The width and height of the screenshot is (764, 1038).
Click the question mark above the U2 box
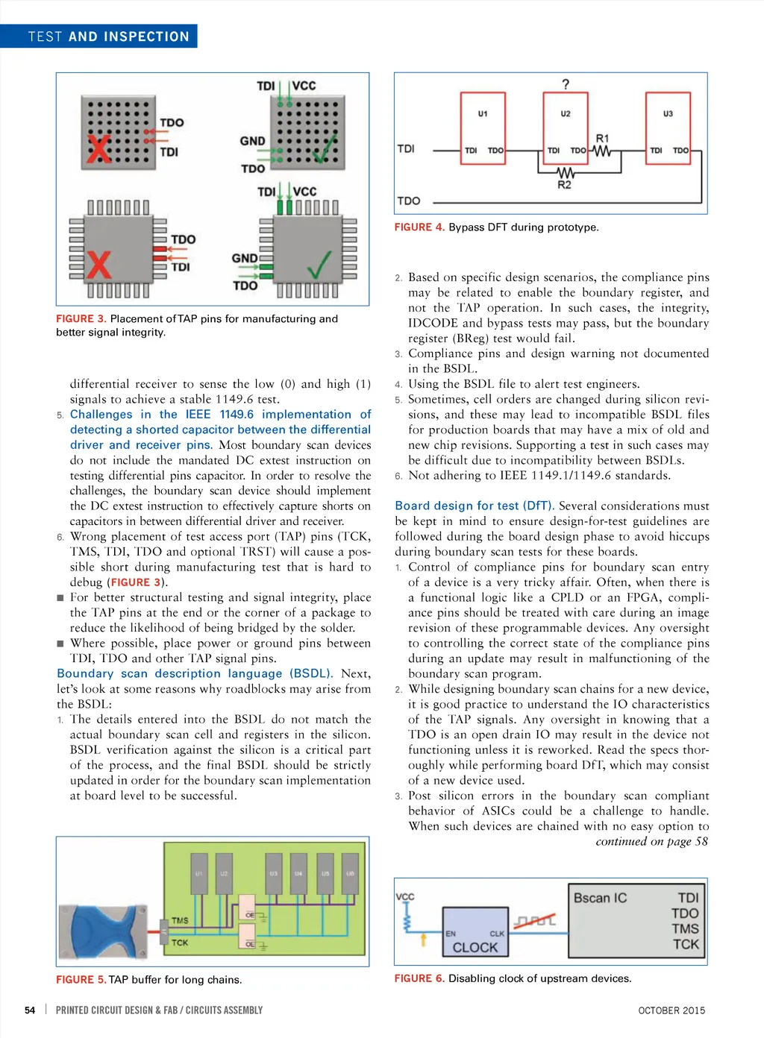tap(566, 84)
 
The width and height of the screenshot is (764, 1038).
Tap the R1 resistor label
tap(602, 139)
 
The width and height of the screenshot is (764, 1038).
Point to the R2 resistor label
tap(565, 185)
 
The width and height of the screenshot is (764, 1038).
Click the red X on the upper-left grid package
tap(98, 148)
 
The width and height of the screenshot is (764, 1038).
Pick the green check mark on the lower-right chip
tap(319, 265)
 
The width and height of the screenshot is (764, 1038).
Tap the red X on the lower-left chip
tap(98, 265)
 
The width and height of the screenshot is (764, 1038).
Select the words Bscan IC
tap(600, 899)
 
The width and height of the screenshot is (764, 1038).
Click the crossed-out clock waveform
tap(535, 921)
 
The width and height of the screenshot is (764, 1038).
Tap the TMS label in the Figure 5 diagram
tap(180, 921)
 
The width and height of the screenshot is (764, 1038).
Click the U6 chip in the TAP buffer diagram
tap(350, 873)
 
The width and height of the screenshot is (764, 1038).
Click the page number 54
tap(30, 1010)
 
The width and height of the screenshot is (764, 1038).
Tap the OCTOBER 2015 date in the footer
tap(671, 1010)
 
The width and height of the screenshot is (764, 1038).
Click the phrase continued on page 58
tap(651, 842)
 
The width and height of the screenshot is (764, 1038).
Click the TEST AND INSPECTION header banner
tap(109, 37)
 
